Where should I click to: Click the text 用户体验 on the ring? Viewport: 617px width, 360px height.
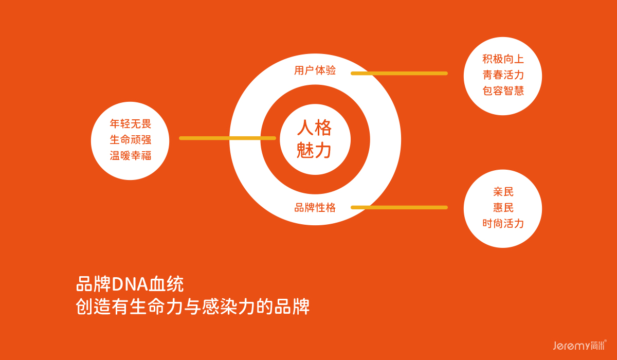coord(315,70)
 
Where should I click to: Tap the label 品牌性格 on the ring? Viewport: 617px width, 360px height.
coord(315,208)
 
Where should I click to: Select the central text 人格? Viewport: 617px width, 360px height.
coord(315,128)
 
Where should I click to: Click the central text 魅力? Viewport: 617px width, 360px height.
coord(315,151)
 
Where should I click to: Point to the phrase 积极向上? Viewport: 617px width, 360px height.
coord(503,59)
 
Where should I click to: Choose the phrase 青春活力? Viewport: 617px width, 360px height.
coord(503,75)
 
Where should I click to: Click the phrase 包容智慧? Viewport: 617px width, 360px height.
coord(503,91)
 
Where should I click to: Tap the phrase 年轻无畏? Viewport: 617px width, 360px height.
coord(131,123)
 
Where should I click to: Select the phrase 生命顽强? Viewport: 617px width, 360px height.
coord(131,139)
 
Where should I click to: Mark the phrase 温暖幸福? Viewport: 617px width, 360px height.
coord(131,155)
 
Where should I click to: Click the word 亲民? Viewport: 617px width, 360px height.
coord(503,192)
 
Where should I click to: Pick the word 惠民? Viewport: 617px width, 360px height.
coord(503,208)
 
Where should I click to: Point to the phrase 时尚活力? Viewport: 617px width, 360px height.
coord(503,224)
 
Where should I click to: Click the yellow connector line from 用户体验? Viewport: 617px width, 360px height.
coord(399,74)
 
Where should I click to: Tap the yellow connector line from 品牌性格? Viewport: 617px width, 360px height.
coord(399,207)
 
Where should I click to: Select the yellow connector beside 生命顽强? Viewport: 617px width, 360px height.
coord(227,138)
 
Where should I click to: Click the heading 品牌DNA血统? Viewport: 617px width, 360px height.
coord(130,284)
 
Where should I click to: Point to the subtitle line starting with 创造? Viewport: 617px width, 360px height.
coord(192,307)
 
